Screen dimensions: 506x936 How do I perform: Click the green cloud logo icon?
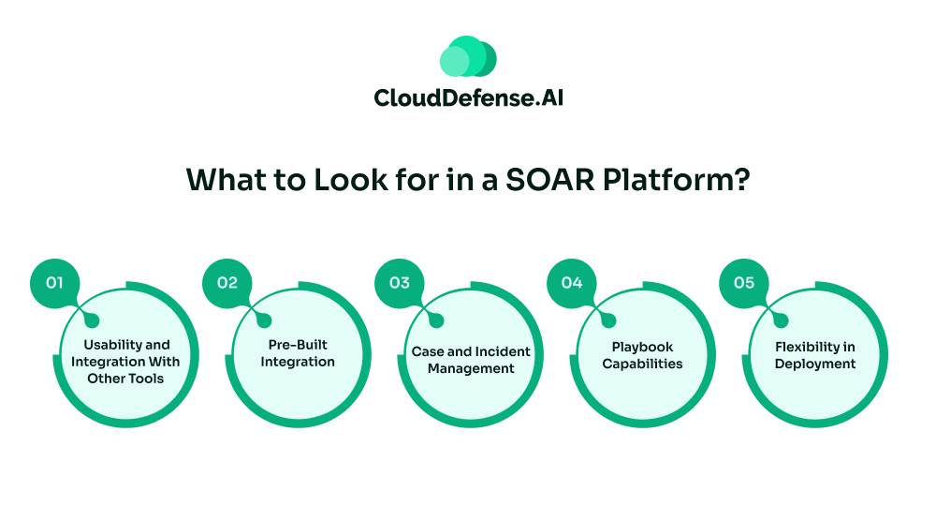tap(468, 56)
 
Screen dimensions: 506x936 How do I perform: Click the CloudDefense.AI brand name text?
tap(468, 97)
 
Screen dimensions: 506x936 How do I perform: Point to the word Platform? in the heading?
tap(676, 179)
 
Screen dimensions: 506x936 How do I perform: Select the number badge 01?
tap(55, 282)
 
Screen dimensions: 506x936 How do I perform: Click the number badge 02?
tap(227, 282)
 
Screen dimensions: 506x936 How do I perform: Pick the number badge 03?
tap(400, 282)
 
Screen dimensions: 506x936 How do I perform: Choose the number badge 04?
tap(572, 282)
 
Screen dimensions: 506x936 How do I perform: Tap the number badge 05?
tap(744, 282)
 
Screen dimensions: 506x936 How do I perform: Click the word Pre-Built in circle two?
tap(298, 345)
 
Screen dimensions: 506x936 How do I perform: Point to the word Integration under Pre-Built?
tap(298, 362)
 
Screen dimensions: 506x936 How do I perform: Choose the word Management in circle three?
tap(471, 368)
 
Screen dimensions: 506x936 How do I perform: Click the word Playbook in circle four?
tap(642, 347)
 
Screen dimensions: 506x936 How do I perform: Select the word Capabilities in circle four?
tap(642, 364)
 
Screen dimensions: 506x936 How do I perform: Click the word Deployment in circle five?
tap(814, 364)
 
